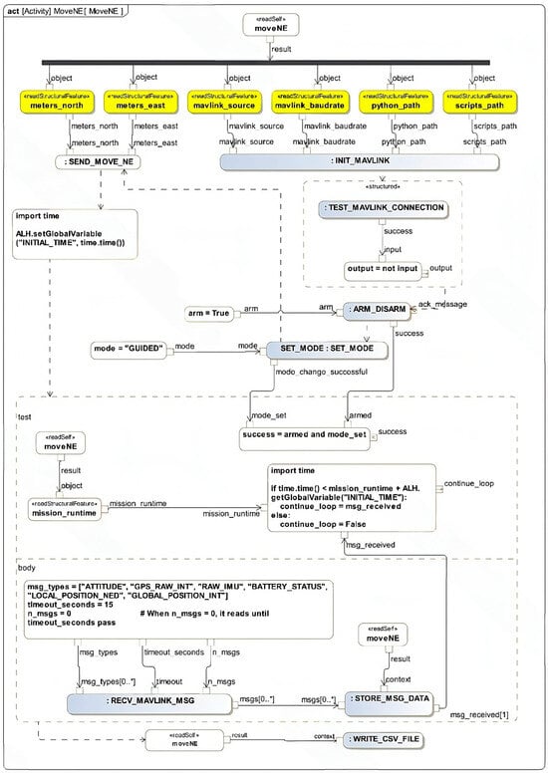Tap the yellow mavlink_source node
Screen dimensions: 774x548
tap(222, 103)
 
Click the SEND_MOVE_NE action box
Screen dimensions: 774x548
tap(95, 162)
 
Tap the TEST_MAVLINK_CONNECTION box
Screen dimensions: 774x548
tap(383, 207)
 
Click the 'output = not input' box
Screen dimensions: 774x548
tap(383, 269)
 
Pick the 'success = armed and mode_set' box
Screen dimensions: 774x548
tap(304, 434)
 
